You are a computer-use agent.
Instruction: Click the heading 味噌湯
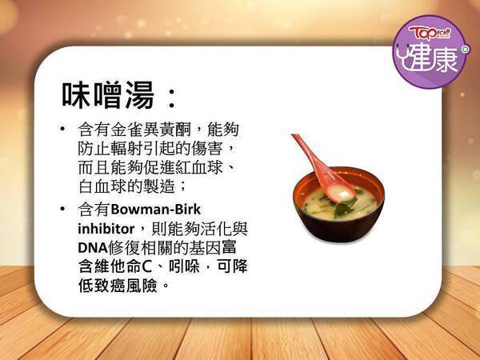point(108,95)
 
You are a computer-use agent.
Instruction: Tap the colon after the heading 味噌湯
point(172,98)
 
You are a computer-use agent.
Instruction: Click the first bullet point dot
point(62,129)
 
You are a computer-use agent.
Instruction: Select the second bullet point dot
point(62,209)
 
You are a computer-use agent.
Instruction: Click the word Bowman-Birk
point(156,210)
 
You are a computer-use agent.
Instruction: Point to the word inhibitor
point(106,229)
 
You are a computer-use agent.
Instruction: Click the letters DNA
point(93,248)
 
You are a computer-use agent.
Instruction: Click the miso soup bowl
point(338,204)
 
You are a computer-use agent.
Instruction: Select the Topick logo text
point(430,33)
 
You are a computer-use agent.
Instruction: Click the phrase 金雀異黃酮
point(150,130)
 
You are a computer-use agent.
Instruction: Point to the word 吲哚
point(184,266)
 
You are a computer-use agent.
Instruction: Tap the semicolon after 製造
point(182,186)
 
